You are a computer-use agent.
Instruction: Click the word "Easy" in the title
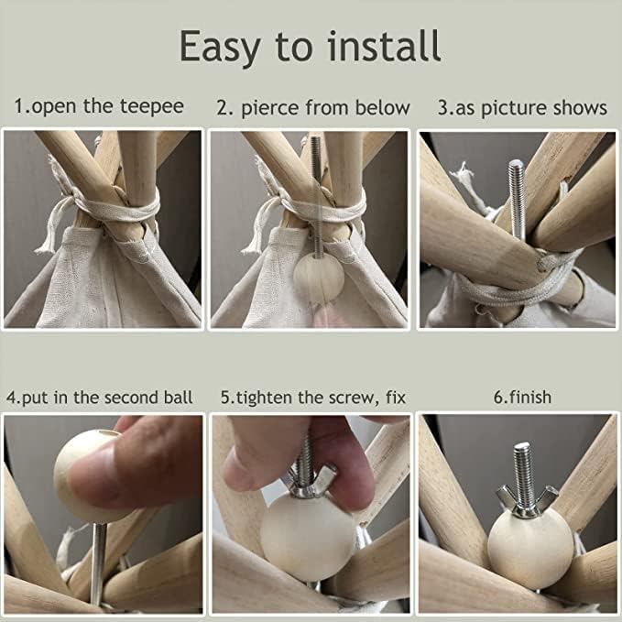(x=220, y=48)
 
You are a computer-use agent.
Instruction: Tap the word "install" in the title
(x=384, y=46)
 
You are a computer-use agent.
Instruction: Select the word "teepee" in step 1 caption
(x=152, y=107)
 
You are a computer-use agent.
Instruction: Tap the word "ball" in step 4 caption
(x=178, y=397)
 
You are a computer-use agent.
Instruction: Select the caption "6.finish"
(x=522, y=397)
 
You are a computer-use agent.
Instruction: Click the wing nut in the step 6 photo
(x=526, y=501)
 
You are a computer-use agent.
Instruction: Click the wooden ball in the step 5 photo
(x=308, y=538)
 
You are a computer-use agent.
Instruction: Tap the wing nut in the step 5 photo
(x=311, y=481)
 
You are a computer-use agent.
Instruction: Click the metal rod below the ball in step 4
(x=98, y=563)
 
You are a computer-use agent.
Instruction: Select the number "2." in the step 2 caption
(x=224, y=108)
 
